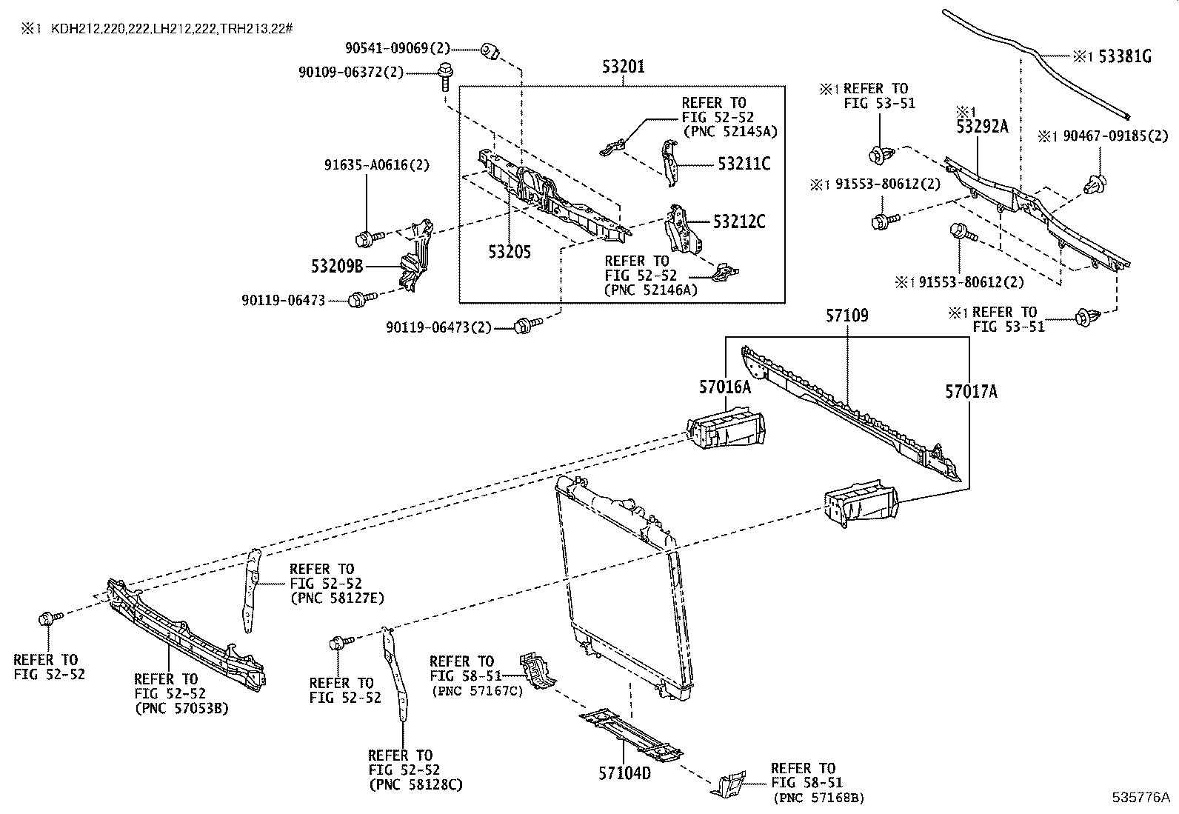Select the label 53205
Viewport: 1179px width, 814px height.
tap(510, 253)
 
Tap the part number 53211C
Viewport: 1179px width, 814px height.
tap(744, 164)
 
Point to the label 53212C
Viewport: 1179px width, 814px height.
tap(739, 221)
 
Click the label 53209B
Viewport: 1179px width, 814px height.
tap(336, 265)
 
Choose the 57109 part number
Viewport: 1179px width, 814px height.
tap(847, 316)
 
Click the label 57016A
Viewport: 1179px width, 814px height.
tap(725, 386)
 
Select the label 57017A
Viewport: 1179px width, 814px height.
tap(971, 391)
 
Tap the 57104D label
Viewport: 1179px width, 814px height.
tap(624, 773)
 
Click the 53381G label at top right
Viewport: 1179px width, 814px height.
tap(1124, 56)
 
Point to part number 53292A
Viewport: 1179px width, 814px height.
tap(982, 127)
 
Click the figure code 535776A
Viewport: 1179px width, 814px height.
tap(1140, 798)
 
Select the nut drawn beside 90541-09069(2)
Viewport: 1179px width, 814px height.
tap(489, 50)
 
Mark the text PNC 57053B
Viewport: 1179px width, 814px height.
tap(181, 708)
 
